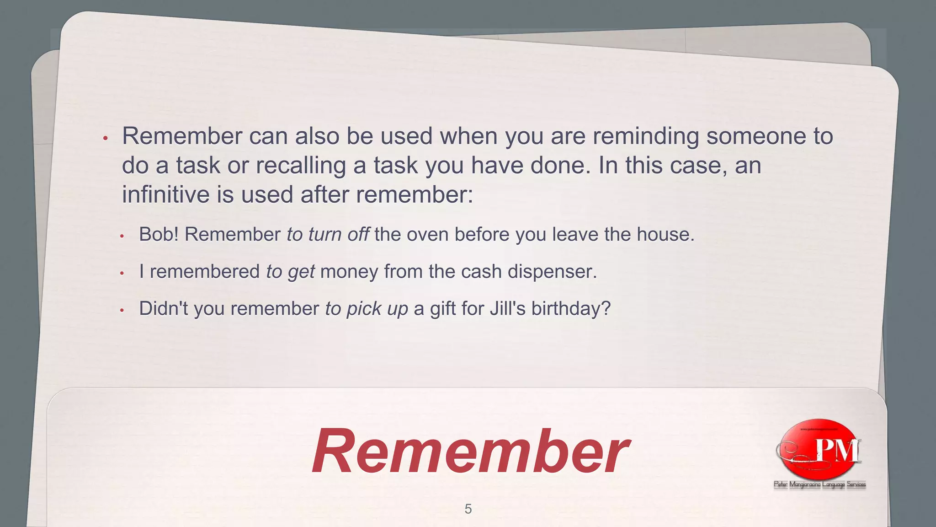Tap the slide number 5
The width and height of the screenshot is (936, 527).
tap(468, 509)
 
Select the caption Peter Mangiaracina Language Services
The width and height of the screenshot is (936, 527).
tap(820, 484)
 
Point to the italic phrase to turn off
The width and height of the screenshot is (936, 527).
tap(328, 235)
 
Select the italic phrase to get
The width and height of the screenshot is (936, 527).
tap(291, 272)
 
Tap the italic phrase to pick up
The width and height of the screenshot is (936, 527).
tap(367, 309)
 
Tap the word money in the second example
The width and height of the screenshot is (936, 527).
tap(349, 272)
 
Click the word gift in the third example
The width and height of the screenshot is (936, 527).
tap(442, 309)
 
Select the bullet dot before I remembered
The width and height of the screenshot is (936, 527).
tap(122, 274)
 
